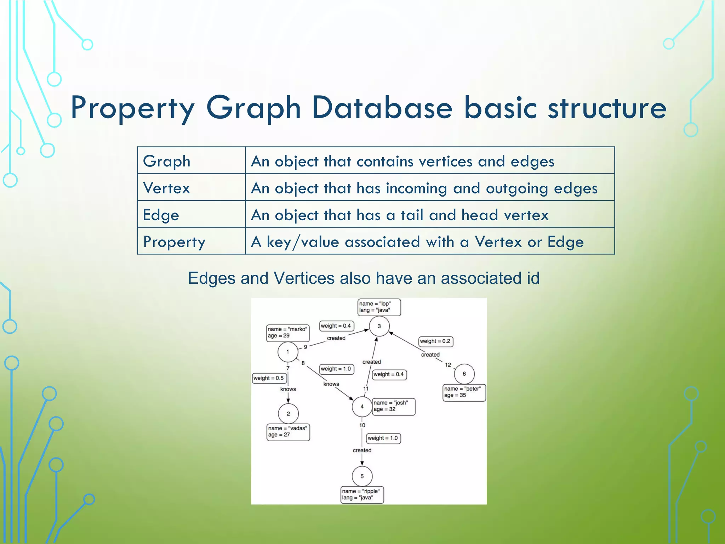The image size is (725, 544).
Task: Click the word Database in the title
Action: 382,108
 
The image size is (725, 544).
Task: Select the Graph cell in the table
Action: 191,161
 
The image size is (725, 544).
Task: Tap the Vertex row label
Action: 191,188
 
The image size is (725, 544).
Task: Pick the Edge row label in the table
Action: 191,215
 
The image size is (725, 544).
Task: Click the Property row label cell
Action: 191,242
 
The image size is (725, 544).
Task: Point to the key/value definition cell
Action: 429,242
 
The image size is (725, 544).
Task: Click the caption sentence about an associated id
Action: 364,278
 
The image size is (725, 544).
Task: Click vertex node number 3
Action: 379,326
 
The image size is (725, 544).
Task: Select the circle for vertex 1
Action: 288,352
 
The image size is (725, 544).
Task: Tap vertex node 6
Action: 464,374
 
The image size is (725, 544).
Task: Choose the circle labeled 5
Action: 362,476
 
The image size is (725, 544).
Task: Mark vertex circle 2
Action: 288,414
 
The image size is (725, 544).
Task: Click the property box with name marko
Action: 287,333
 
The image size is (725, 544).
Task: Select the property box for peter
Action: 464,392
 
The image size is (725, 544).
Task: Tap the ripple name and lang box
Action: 362,494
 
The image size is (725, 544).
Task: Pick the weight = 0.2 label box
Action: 435,341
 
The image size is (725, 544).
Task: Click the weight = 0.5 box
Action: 269,378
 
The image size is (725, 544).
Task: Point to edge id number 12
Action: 448,365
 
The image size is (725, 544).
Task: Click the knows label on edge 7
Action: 288,389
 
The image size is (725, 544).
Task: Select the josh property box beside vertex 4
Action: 393,406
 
